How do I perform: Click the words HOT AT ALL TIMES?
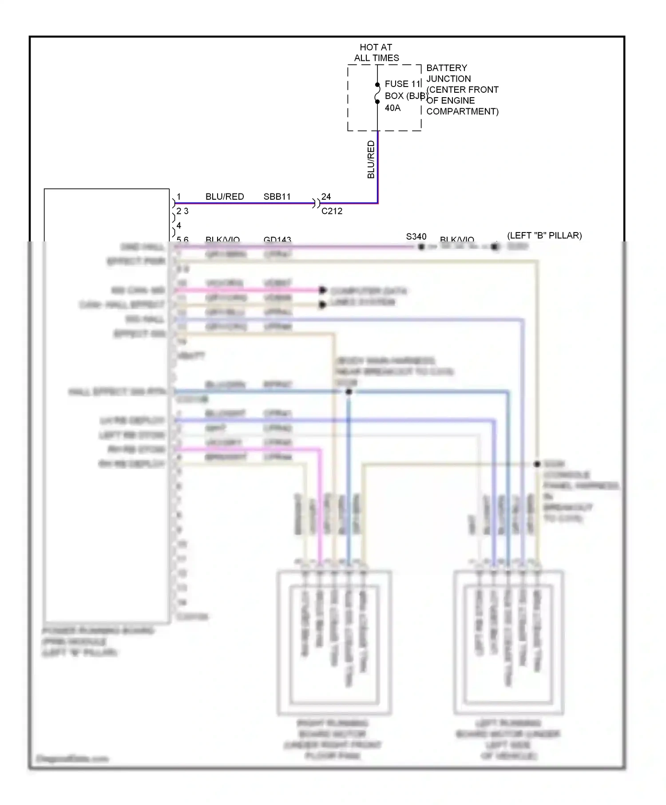(x=376, y=52)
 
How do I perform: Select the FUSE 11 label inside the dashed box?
(x=402, y=84)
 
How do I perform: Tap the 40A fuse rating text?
(x=392, y=108)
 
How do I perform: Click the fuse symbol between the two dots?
(x=377, y=93)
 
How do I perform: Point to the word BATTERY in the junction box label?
(x=447, y=68)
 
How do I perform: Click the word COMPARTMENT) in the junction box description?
(x=462, y=111)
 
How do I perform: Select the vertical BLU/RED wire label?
(x=371, y=159)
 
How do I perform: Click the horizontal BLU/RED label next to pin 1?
(x=225, y=197)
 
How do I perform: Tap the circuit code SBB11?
(x=277, y=197)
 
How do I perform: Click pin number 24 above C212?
(x=326, y=197)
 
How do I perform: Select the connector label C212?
(x=332, y=211)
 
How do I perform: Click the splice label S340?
(x=416, y=237)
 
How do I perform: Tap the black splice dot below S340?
(x=421, y=247)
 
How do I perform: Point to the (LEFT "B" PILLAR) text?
(x=544, y=235)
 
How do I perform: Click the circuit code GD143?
(x=277, y=240)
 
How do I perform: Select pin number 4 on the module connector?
(x=178, y=225)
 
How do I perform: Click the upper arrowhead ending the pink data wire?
(x=323, y=290)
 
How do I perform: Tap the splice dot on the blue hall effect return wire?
(x=349, y=392)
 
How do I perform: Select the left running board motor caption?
(x=508, y=739)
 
